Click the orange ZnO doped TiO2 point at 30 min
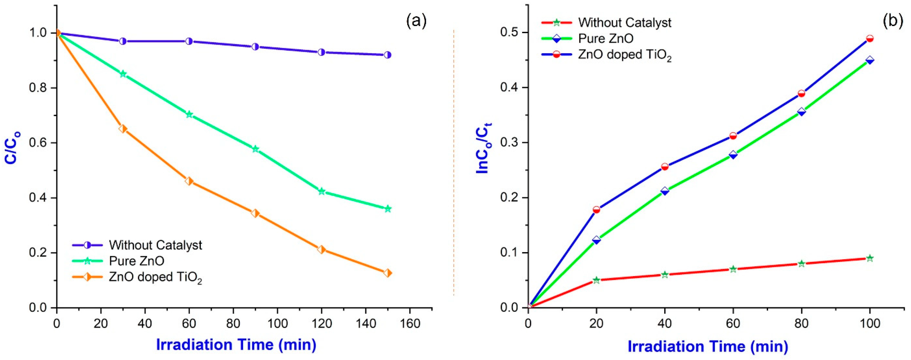(x=123, y=129)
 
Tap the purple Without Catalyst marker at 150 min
(x=388, y=55)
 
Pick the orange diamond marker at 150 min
(x=388, y=273)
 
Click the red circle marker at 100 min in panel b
(x=870, y=38)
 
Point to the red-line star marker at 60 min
(x=733, y=269)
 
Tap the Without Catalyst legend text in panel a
(x=156, y=245)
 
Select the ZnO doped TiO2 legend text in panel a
(x=156, y=278)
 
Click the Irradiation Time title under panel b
(x=708, y=346)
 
